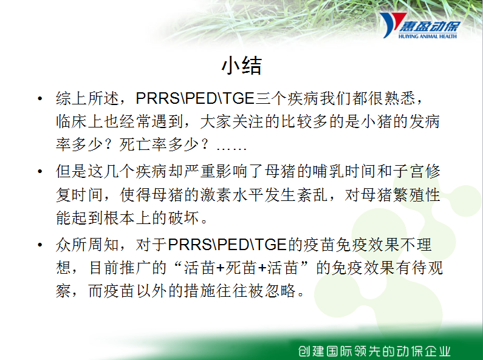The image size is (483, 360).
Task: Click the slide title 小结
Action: [x=242, y=65]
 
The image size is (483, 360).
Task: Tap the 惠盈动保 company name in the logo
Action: [x=430, y=26]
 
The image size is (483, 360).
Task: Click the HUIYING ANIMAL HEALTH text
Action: [x=428, y=36]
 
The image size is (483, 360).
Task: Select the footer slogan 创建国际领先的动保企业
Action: [x=374, y=351]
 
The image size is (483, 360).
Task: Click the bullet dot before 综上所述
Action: [x=39, y=99]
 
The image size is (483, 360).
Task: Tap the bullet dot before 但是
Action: [x=39, y=171]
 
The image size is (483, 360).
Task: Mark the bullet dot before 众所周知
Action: [x=39, y=245]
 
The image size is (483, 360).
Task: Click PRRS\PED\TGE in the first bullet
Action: [x=195, y=98]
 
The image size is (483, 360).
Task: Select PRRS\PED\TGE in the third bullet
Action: [x=227, y=245]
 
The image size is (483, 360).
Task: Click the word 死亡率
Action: [x=143, y=144]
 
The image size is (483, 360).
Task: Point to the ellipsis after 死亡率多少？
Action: [x=231, y=149]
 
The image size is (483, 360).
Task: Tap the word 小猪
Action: [x=376, y=121]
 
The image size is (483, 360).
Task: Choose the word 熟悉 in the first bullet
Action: [x=400, y=98]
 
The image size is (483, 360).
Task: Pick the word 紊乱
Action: [x=312, y=194]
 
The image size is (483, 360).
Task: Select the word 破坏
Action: [x=183, y=218]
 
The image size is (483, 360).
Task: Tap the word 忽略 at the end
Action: [x=279, y=291]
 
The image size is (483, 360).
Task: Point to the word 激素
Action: [x=216, y=194]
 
